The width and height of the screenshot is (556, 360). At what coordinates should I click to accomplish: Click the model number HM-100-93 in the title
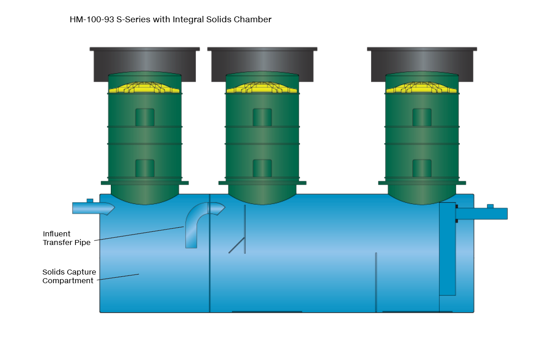click(92, 20)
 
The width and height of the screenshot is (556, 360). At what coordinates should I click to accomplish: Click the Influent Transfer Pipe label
click(66, 238)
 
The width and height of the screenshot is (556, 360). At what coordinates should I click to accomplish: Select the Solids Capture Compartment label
click(69, 276)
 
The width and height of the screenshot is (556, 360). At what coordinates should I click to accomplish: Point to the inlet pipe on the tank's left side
click(94, 208)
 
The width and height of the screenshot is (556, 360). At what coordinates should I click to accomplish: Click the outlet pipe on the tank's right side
click(482, 214)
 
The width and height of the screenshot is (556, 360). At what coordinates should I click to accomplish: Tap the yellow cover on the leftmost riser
click(144, 87)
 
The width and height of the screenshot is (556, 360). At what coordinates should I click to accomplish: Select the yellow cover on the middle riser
click(262, 87)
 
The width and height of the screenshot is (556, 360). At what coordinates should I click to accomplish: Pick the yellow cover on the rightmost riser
click(422, 87)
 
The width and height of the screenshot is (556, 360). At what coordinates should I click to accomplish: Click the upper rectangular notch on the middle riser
click(262, 117)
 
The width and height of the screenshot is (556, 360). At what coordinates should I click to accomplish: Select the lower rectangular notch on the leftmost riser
click(145, 168)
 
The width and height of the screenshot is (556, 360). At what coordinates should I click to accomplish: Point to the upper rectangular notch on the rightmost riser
click(422, 117)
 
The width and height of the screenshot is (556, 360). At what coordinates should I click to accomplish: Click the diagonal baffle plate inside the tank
click(237, 245)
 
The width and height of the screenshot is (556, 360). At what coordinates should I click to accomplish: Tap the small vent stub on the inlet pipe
click(90, 200)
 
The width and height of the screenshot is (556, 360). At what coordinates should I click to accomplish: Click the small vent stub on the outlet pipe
click(490, 206)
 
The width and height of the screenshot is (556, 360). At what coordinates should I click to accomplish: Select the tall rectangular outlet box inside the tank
click(447, 249)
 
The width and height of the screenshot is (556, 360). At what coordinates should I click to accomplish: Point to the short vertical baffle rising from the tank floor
click(376, 282)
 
